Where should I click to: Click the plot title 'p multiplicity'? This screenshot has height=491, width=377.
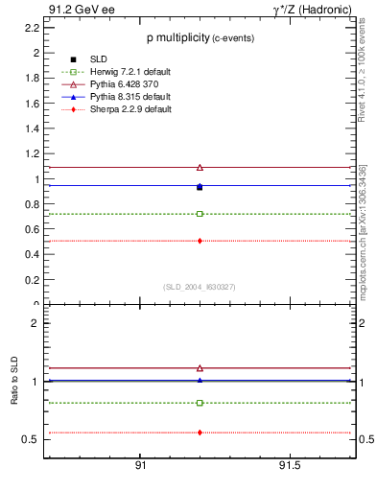(177, 38)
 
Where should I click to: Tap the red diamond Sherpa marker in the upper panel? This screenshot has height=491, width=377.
(200, 241)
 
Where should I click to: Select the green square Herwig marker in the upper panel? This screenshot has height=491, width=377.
(200, 214)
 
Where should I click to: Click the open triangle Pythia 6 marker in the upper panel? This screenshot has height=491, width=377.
(200, 167)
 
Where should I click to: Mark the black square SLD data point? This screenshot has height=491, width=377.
(200, 187)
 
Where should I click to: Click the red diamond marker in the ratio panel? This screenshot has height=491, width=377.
(200, 433)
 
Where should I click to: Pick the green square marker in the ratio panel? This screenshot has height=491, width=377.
(200, 403)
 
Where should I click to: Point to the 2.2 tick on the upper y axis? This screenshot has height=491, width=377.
(32, 28)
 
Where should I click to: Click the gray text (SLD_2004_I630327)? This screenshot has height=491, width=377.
(199, 287)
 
